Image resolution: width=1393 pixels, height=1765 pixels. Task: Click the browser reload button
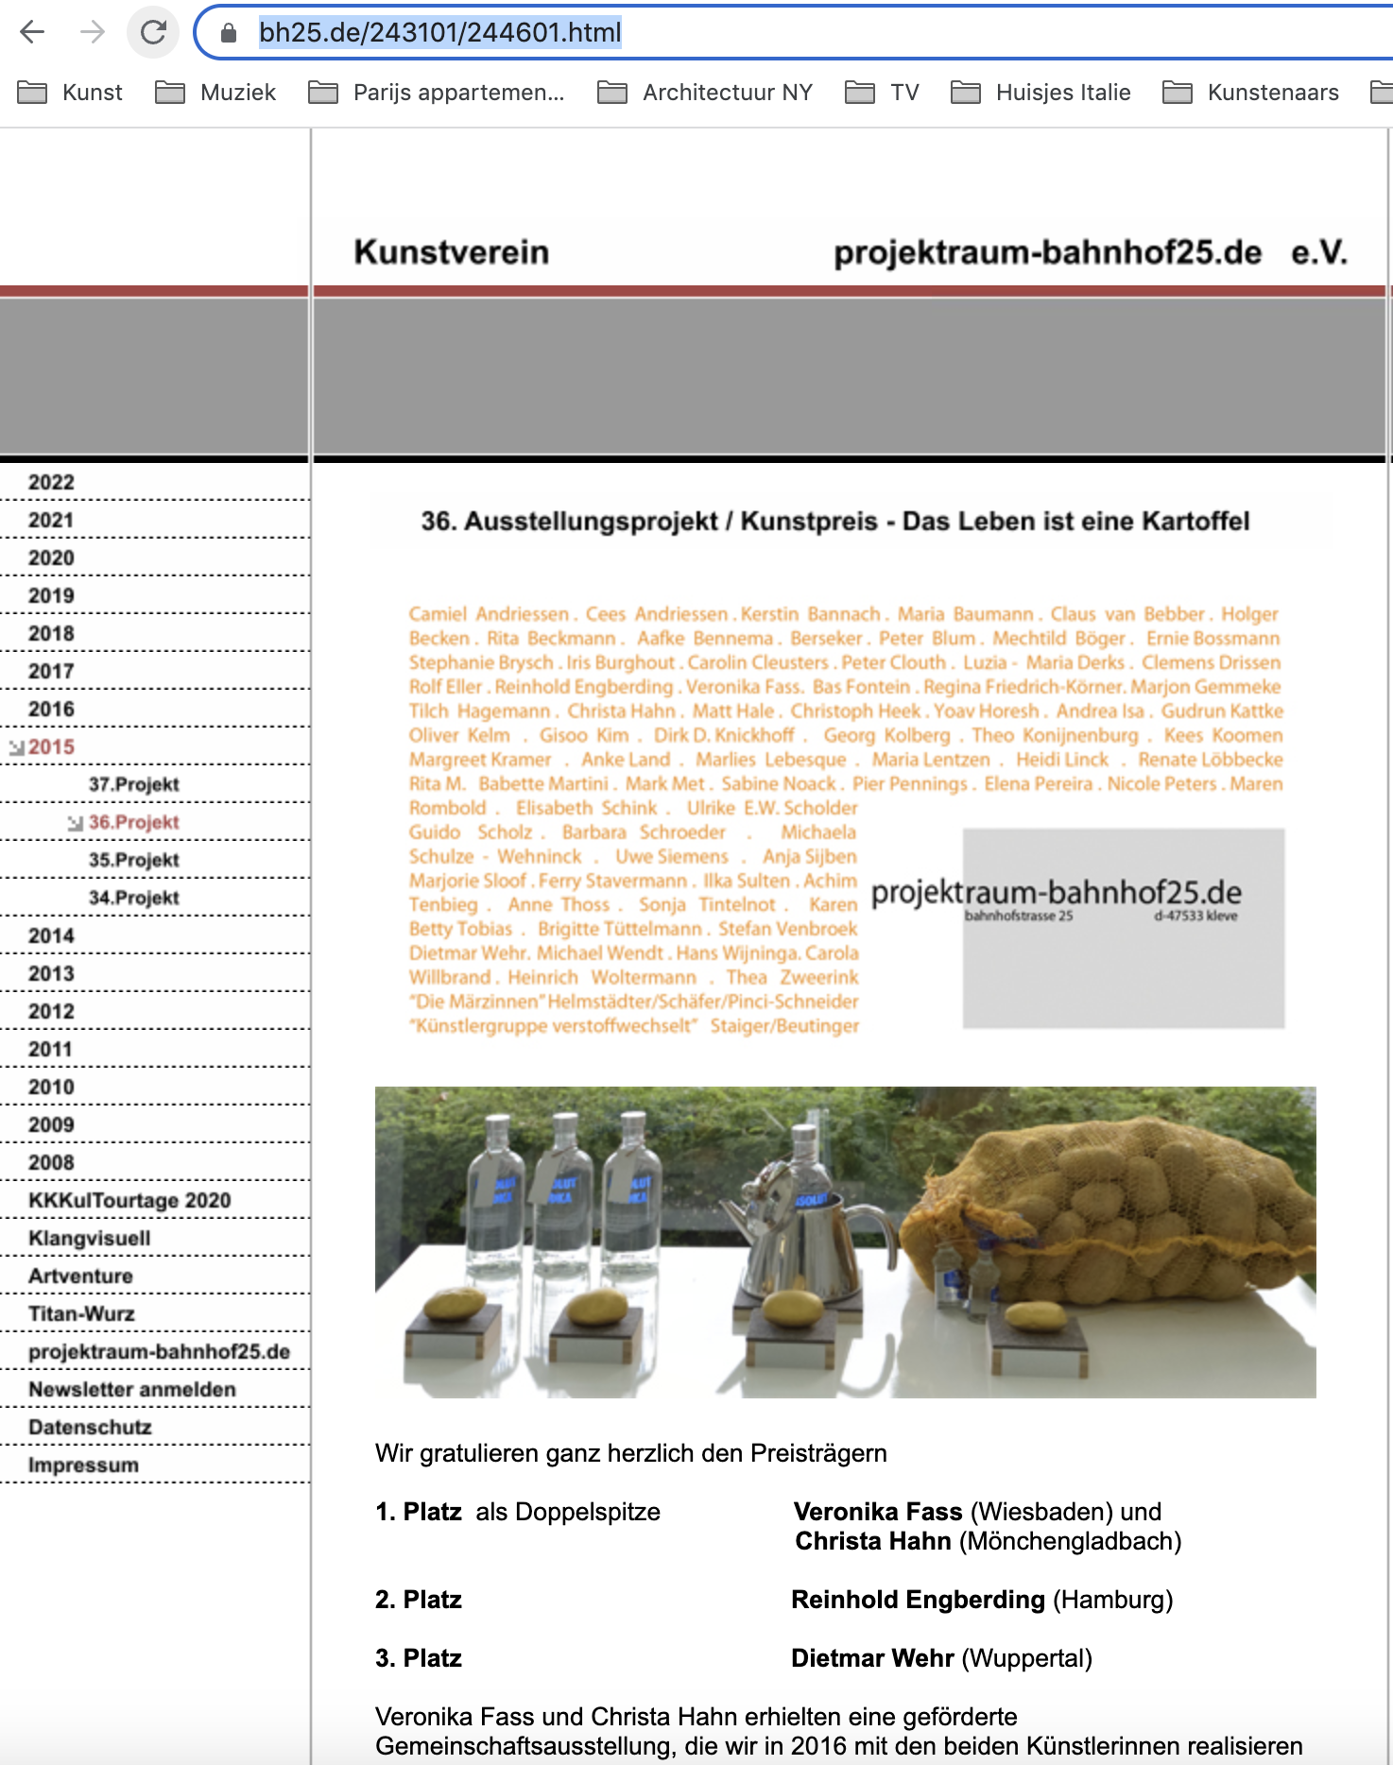153,33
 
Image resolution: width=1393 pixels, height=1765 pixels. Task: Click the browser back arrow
32,33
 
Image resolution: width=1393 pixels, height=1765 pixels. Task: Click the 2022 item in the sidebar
51,482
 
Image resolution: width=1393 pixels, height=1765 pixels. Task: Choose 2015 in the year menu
51,746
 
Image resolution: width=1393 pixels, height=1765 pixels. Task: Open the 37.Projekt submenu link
133,784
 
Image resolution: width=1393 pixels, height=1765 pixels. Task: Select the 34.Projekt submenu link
133,898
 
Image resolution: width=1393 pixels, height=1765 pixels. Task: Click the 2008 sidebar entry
51,1162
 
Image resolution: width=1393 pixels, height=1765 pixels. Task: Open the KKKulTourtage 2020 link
129,1200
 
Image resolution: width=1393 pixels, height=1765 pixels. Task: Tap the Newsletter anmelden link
132,1389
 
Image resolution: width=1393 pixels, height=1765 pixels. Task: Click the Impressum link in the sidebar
83,1465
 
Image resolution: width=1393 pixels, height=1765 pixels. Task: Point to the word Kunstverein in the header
451,252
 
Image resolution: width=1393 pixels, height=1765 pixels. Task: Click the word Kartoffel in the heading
1195,522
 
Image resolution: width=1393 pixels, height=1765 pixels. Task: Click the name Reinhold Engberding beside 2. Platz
918,1600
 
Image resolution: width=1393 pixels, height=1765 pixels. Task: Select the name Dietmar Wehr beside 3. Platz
872,1658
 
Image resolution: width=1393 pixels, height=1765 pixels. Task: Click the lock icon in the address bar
228,33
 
